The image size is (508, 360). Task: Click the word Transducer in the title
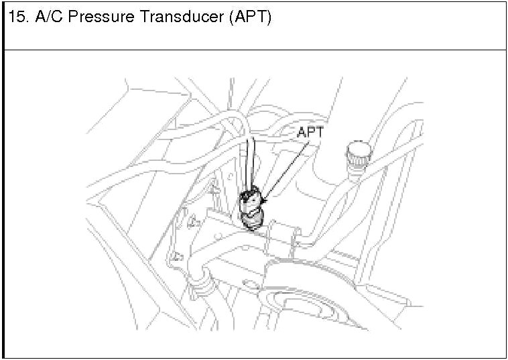[x=178, y=18]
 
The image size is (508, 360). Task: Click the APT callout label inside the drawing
[x=310, y=133]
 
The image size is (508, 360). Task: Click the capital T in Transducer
[x=143, y=18]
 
